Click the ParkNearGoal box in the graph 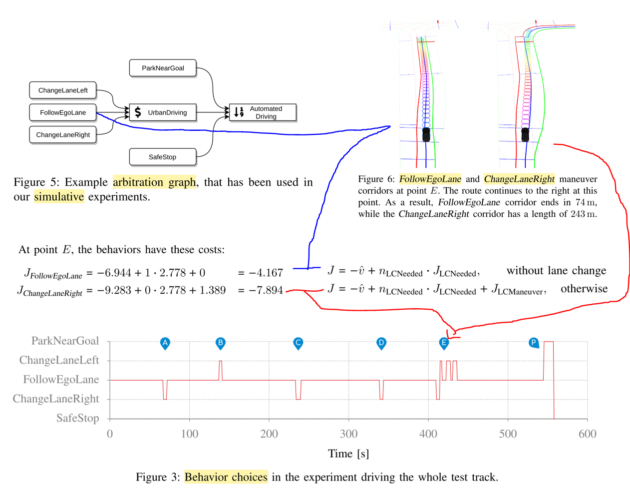point(163,68)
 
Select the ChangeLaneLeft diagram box point(63,90)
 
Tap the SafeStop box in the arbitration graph point(163,157)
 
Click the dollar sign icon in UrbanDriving point(138,112)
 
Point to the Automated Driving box point(263,112)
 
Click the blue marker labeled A point(165,343)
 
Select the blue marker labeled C point(298,343)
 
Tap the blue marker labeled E point(444,343)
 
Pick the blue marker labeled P point(534,343)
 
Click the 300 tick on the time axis point(348,434)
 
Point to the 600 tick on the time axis point(587,434)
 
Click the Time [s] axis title point(348,454)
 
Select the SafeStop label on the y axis point(78,418)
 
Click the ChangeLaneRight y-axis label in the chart point(56,399)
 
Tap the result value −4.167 point(261,273)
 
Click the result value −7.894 point(261,290)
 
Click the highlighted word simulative point(59,197)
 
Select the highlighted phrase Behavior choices point(226,477)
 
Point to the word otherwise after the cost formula point(584,289)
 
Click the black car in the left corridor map point(426,134)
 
